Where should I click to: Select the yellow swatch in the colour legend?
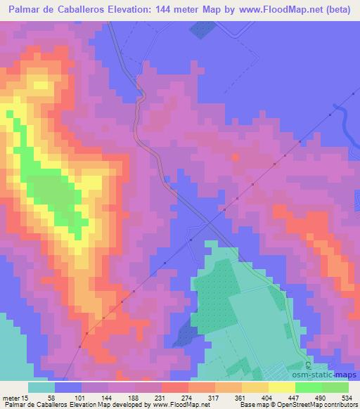coord(282,387)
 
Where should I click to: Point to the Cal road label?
coord(309,365)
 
